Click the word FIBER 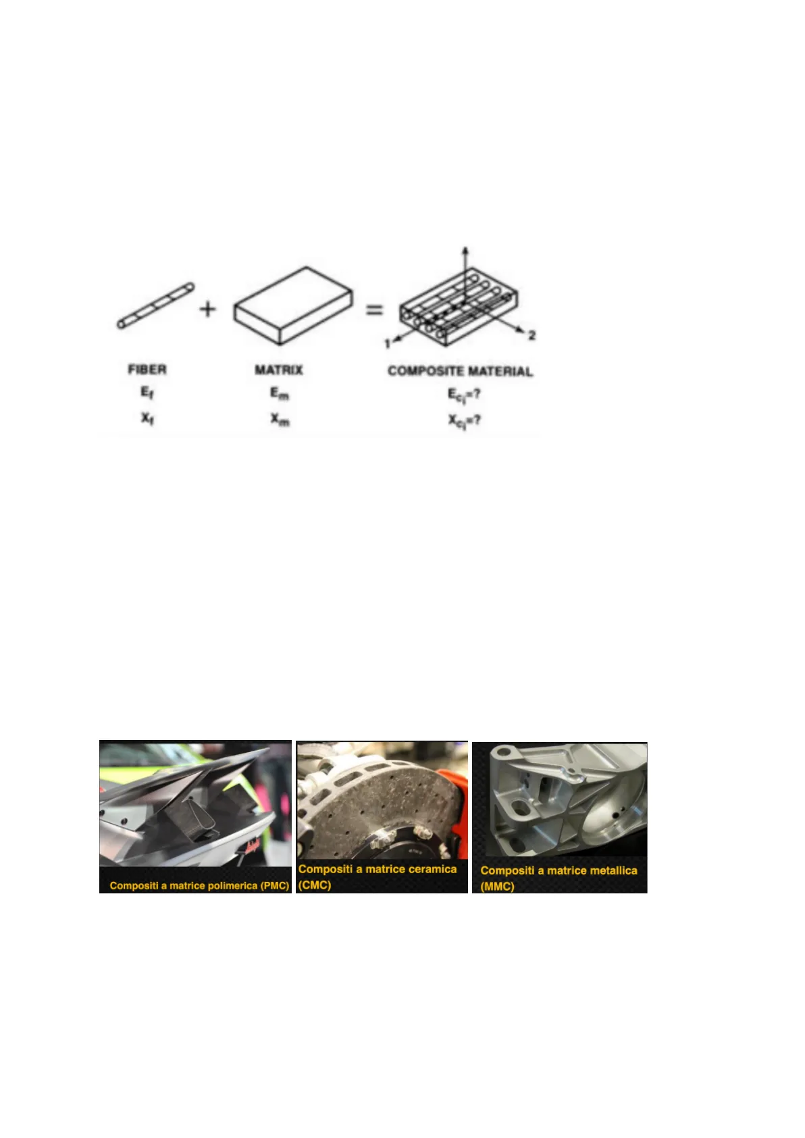[147, 370]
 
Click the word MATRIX [279, 370]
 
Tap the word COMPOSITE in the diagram [426, 372]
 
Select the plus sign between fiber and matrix [207, 309]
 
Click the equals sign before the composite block [375, 310]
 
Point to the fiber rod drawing [156, 306]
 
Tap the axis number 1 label [388, 344]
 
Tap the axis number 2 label [531, 335]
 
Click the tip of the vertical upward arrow [465, 247]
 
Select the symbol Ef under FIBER [147, 393]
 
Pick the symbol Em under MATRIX [280, 393]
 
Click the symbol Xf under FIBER [147, 418]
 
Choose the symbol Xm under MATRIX [280, 419]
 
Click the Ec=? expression [463, 395]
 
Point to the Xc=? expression [463, 421]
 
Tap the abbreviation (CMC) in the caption [315, 885]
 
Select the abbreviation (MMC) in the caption [498, 887]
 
